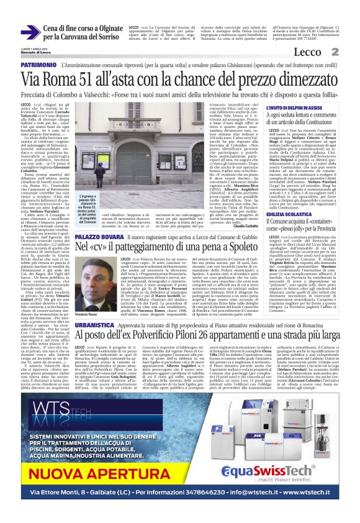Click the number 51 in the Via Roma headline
click(91, 79)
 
